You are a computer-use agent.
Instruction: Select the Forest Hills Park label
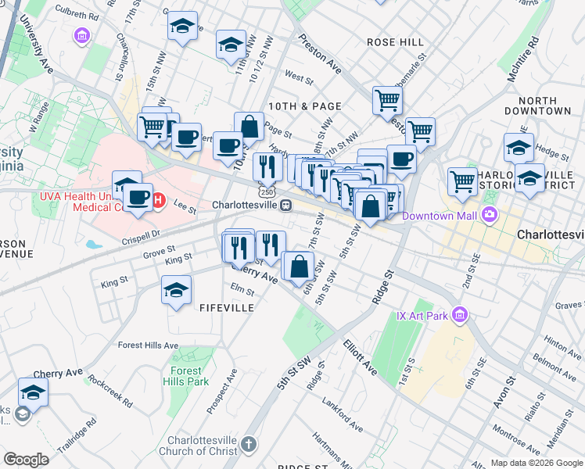point(185,377)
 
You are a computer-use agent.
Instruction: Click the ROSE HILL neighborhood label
point(395,42)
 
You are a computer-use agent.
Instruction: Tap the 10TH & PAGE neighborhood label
point(304,106)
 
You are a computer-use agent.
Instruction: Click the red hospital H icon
point(157,200)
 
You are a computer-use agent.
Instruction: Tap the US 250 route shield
point(267,191)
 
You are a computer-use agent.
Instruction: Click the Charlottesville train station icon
point(287,205)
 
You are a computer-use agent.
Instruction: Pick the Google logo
point(26,460)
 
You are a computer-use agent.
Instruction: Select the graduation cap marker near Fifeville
point(177,290)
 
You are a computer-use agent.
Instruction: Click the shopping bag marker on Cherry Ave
point(299,267)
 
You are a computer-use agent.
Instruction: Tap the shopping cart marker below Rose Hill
point(387,100)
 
